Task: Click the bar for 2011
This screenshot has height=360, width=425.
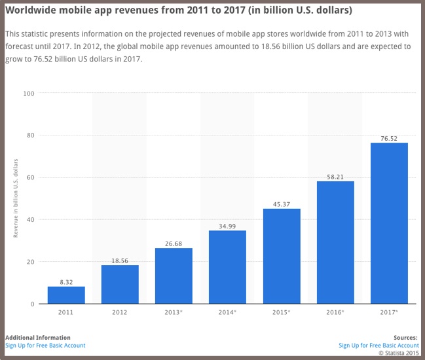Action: tap(66, 295)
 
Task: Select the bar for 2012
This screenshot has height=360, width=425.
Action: tap(120, 284)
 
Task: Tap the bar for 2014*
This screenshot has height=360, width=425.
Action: tap(227, 267)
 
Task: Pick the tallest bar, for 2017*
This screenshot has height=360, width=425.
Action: tap(389, 223)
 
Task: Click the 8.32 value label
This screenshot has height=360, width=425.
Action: tap(66, 281)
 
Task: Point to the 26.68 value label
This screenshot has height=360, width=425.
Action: tap(174, 243)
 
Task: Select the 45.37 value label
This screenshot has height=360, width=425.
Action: tap(282, 204)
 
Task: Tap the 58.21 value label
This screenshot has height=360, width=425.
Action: tap(335, 176)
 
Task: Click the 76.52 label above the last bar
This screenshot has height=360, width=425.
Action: tap(389, 137)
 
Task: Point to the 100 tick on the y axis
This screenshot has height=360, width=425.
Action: tap(29, 93)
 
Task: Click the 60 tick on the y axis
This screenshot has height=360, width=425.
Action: tap(30, 177)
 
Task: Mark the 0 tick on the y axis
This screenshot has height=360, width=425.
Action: tap(32, 304)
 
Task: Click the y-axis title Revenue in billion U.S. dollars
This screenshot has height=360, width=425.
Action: tap(16, 198)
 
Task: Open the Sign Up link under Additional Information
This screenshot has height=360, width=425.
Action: tap(45, 345)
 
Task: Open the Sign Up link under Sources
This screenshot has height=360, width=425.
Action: tap(379, 345)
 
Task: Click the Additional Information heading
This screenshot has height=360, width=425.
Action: tap(37, 338)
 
